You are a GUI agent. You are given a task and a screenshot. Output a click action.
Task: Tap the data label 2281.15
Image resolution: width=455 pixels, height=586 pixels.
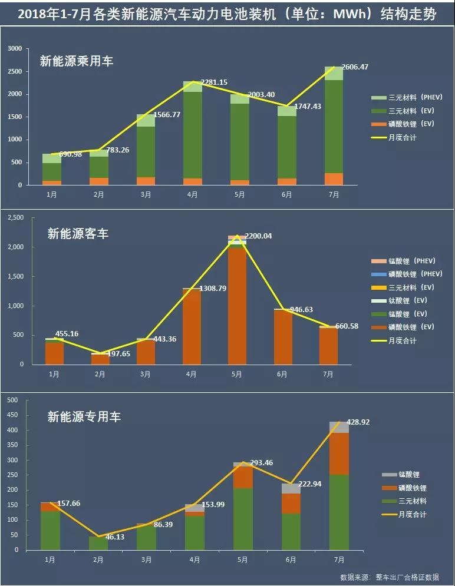(214, 82)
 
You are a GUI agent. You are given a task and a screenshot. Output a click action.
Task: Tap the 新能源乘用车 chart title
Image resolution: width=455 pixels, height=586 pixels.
(77, 61)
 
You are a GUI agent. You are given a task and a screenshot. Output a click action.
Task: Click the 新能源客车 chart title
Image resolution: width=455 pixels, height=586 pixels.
(78, 234)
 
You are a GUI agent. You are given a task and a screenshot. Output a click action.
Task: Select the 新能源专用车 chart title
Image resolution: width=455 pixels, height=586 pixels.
(84, 417)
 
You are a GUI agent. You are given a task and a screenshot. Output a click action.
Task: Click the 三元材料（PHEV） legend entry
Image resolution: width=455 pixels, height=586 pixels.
(407, 97)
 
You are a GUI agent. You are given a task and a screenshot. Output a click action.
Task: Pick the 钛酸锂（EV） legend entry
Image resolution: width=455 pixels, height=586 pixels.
(407, 300)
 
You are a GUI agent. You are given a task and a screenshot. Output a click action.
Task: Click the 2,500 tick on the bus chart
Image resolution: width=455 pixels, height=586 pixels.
(15, 218)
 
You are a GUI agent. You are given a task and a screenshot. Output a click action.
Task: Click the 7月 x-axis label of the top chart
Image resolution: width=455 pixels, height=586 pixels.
(334, 194)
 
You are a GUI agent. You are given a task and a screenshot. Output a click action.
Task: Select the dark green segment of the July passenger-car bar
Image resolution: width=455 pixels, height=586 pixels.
(334, 127)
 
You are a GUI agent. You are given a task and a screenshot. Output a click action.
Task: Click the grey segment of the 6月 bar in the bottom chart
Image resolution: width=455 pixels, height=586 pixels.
(291, 488)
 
